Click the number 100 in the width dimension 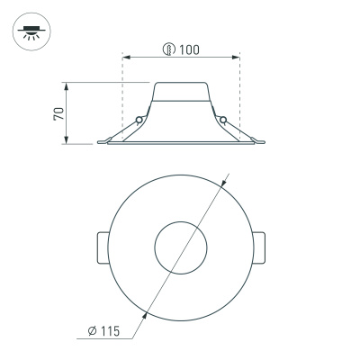click(x=188, y=49)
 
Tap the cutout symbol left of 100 click(x=168, y=49)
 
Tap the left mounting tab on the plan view click(x=101, y=247)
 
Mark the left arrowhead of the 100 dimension click(x=125, y=58)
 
